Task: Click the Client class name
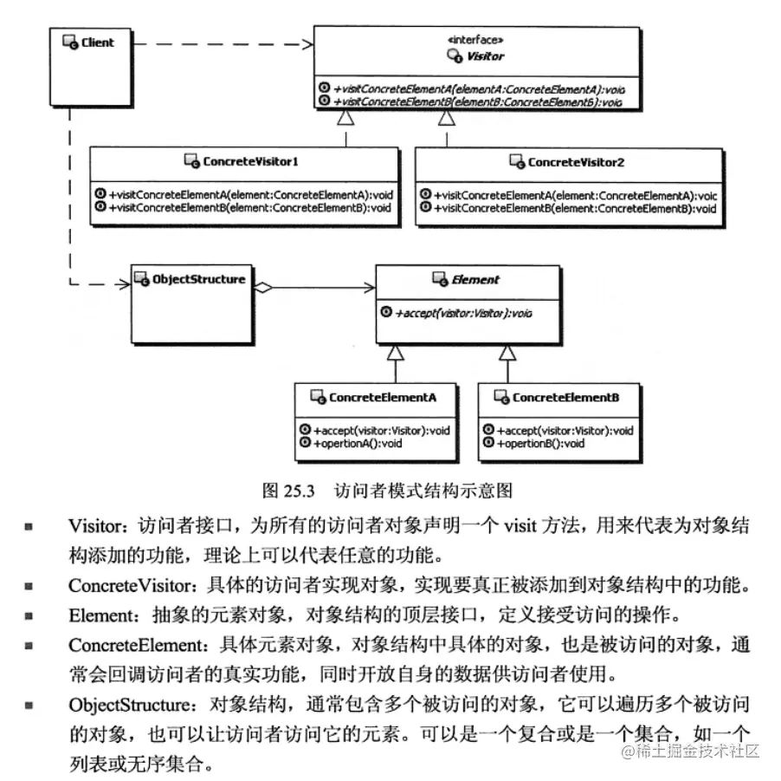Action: coord(98,42)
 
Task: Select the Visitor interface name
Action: coord(487,56)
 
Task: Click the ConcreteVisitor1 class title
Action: coord(251,162)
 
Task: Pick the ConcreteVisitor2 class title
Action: coord(576,162)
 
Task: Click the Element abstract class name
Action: coord(475,280)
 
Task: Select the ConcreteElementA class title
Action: coord(382,397)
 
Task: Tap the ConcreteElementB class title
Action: coord(565,397)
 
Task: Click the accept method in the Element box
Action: coord(451,312)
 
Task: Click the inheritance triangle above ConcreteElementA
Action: coord(395,352)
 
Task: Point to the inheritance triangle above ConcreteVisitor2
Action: coord(446,118)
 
